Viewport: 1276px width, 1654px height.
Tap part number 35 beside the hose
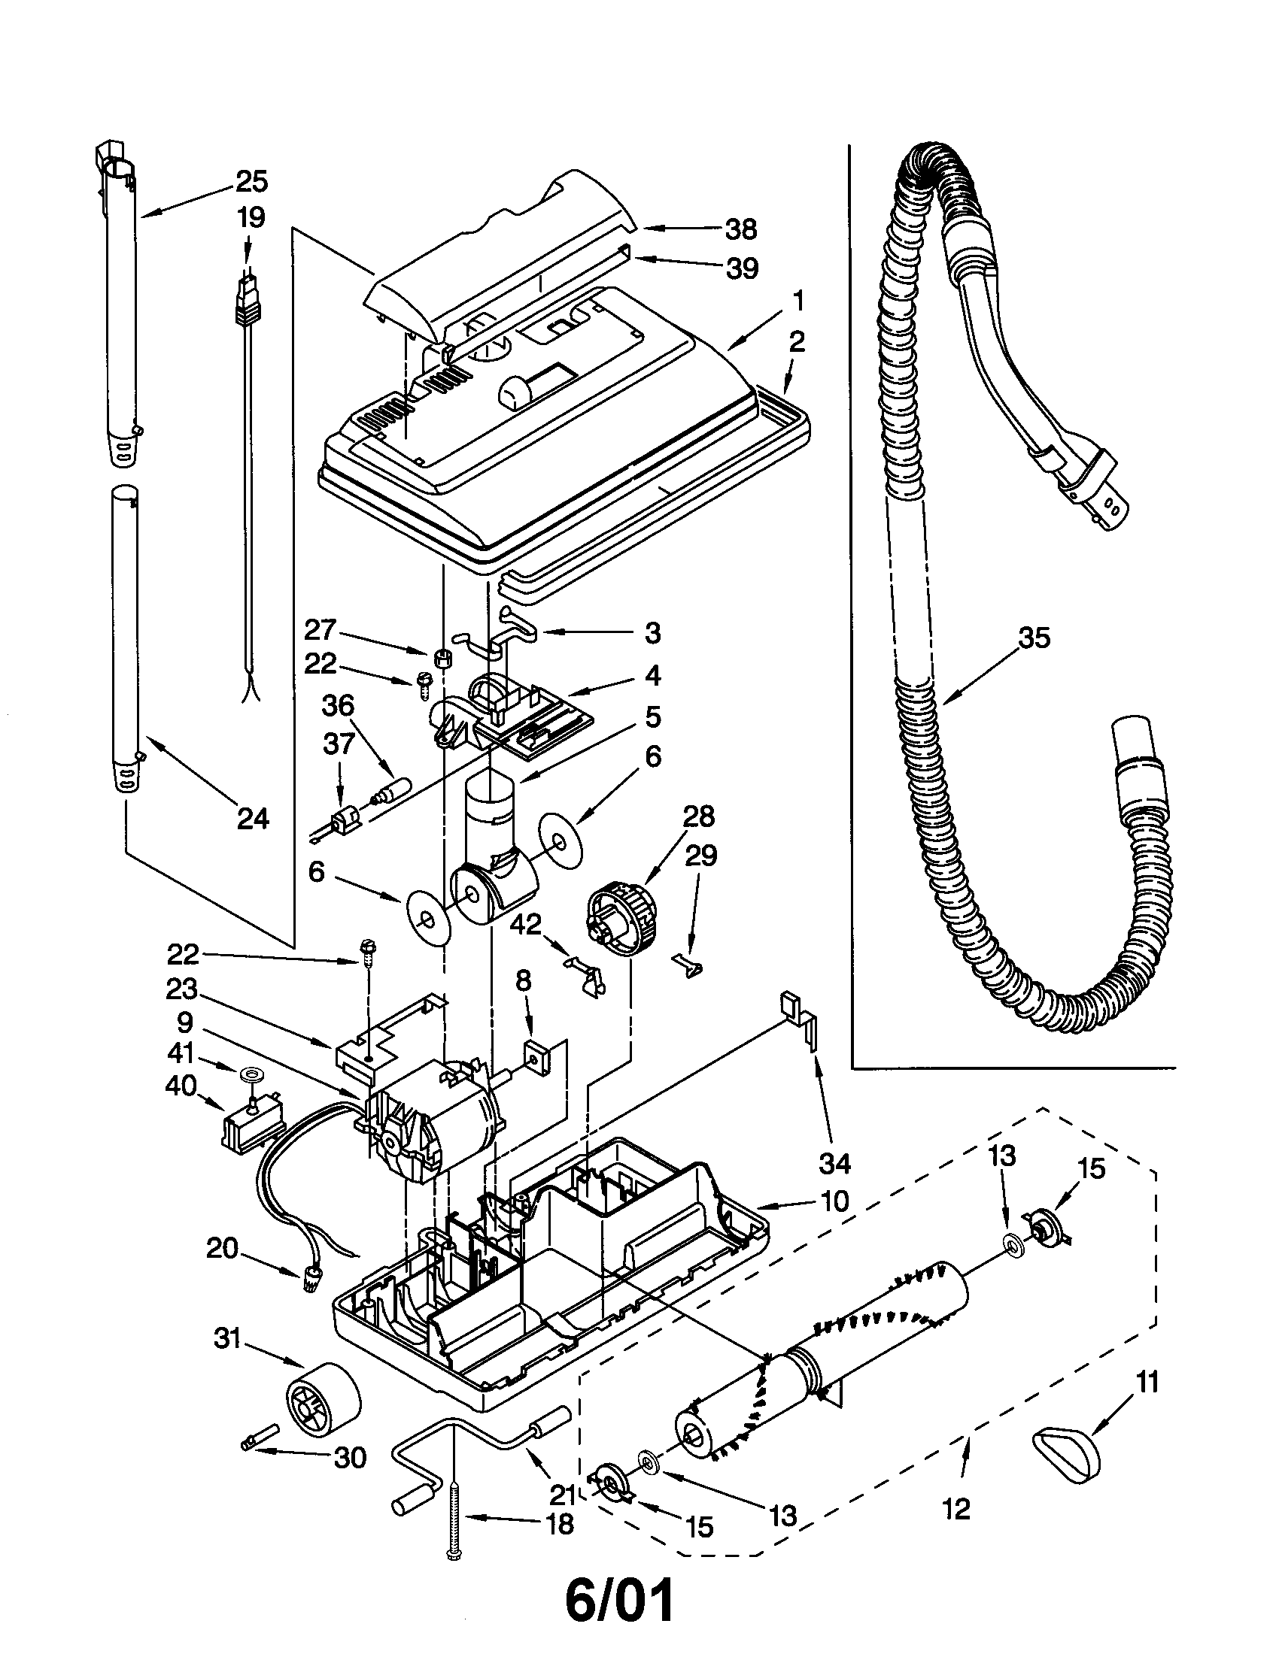tap(1034, 638)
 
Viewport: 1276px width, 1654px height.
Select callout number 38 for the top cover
tap(741, 229)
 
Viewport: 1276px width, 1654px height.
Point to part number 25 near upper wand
tap(251, 182)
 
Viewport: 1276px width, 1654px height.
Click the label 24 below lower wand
tap(252, 819)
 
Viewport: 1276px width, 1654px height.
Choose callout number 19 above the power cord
tap(251, 218)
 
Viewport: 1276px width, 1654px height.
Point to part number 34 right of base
tap(834, 1162)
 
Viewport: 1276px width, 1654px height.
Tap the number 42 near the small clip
tap(526, 923)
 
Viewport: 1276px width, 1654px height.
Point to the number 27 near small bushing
tap(321, 630)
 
